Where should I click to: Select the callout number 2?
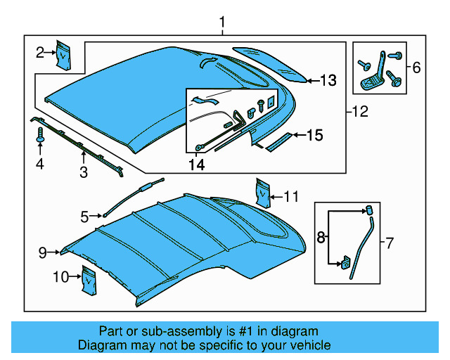pos(41,51)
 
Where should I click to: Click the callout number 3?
pos(83,172)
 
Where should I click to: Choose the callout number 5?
pos(84,217)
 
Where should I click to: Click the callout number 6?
pos(416,67)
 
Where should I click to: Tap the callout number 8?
pos(321,238)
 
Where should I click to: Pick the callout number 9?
pos(42,251)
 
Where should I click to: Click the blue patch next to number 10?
pos(88,278)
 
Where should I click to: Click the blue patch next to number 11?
pos(262,191)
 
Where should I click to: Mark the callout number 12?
pos(359,111)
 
